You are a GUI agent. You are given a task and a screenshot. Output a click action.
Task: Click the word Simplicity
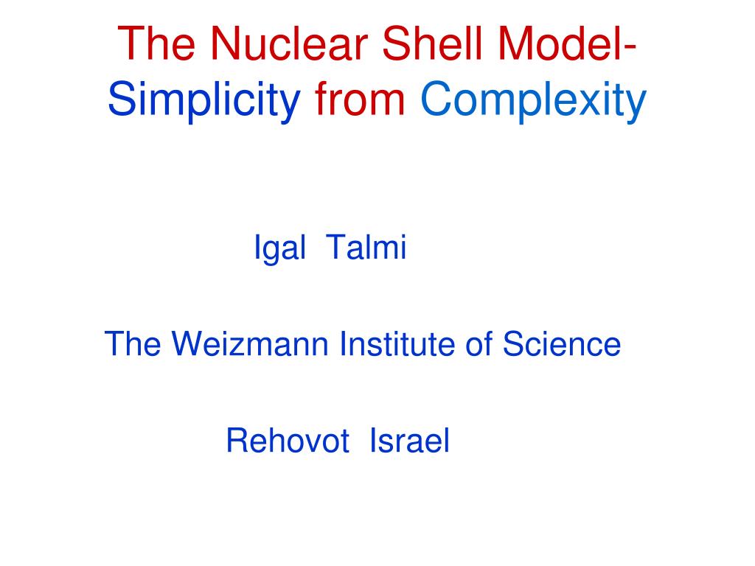coord(204,101)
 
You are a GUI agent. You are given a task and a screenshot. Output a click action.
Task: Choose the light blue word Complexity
coord(533,101)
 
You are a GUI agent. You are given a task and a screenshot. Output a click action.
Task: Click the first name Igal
coord(279,248)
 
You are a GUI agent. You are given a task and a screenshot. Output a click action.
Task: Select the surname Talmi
coord(366,248)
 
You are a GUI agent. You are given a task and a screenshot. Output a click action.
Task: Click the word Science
coord(562,343)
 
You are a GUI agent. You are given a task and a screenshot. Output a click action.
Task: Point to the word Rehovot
coord(288,441)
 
